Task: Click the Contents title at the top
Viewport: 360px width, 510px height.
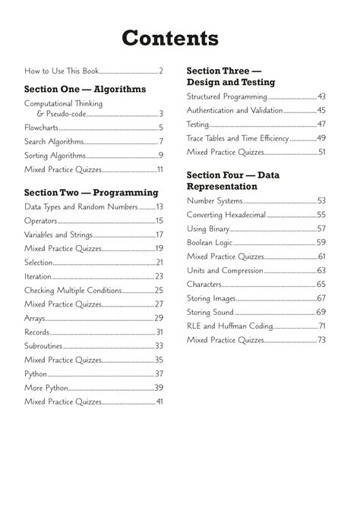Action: point(180,38)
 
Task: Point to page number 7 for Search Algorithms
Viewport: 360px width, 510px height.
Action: point(161,141)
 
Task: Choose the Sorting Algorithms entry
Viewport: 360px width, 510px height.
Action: point(55,156)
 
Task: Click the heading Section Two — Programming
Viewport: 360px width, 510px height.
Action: point(91,192)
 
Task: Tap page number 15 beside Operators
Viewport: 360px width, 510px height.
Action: point(159,221)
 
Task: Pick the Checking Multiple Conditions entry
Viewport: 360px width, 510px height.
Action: point(73,290)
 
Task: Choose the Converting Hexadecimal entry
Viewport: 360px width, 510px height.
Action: point(226,215)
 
